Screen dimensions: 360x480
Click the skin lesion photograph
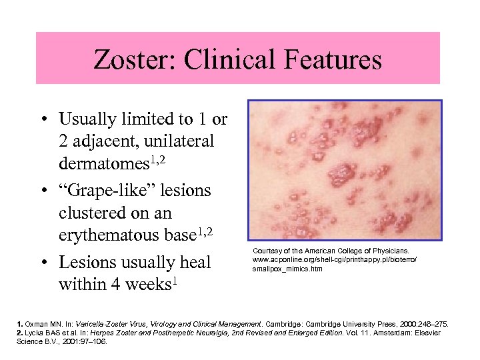click(344, 170)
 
